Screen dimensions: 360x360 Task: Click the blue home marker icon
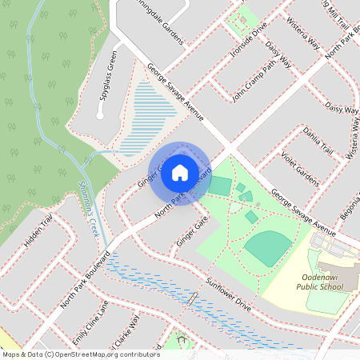point(180,172)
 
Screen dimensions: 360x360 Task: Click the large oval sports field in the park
point(269,248)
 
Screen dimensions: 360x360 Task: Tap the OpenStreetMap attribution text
point(80,354)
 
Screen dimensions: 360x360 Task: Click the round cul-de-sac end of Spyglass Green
point(100,115)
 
